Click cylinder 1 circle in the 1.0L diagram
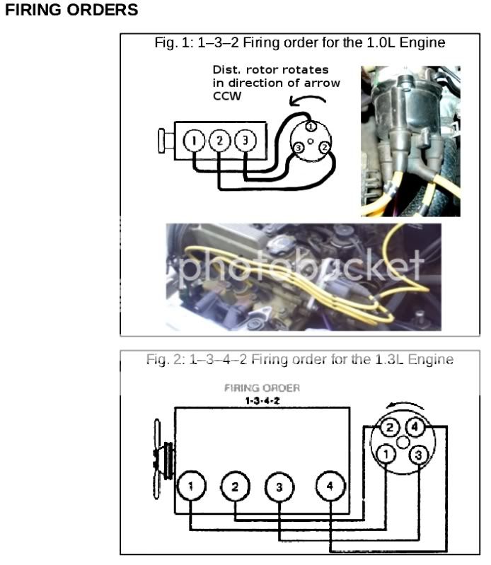tap(194, 141)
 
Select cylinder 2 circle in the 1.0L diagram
tap(220, 141)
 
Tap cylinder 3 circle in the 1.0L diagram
tap(245, 141)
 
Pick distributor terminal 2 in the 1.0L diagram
tap(323, 148)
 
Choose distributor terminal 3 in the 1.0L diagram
tap(299, 147)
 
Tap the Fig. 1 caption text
tap(299, 43)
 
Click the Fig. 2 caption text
tap(299, 360)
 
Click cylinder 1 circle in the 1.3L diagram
tap(190, 486)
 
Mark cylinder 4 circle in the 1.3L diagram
tap(329, 487)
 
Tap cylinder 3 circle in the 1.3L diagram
tap(279, 487)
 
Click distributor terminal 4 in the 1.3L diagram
tap(416, 427)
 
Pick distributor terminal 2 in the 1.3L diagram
tap(389, 427)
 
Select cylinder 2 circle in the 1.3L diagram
tap(235, 487)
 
